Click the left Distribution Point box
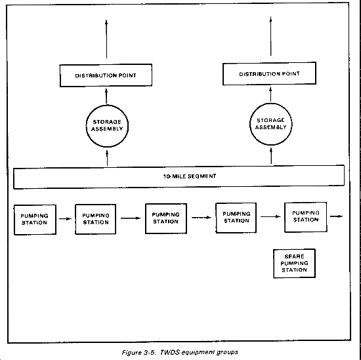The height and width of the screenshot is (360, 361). tap(106, 75)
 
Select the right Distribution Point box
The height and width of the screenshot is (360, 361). tap(269, 73)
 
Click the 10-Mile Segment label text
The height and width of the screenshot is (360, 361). tap(190, 176)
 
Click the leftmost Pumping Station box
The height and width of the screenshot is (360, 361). tap(35, 220)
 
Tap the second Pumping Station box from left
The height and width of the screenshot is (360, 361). tap(96, 219)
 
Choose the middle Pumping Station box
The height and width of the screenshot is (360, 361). tap(166, 218)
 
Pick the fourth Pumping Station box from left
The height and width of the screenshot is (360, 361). tap(236, 218)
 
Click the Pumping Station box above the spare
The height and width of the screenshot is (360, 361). tap(305, 217)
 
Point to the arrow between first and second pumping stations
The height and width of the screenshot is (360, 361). tap(66, 218)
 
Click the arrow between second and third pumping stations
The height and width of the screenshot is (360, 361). tap(131, 218)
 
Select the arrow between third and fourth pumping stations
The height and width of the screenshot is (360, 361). tap(202, 218)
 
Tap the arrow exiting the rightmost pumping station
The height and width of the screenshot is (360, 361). tap(336, 216)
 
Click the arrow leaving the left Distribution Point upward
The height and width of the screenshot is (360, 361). tap(106, 39)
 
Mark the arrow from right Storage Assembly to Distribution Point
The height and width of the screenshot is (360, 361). tap(270, 94)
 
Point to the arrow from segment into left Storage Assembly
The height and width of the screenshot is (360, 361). tap(107, 158)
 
